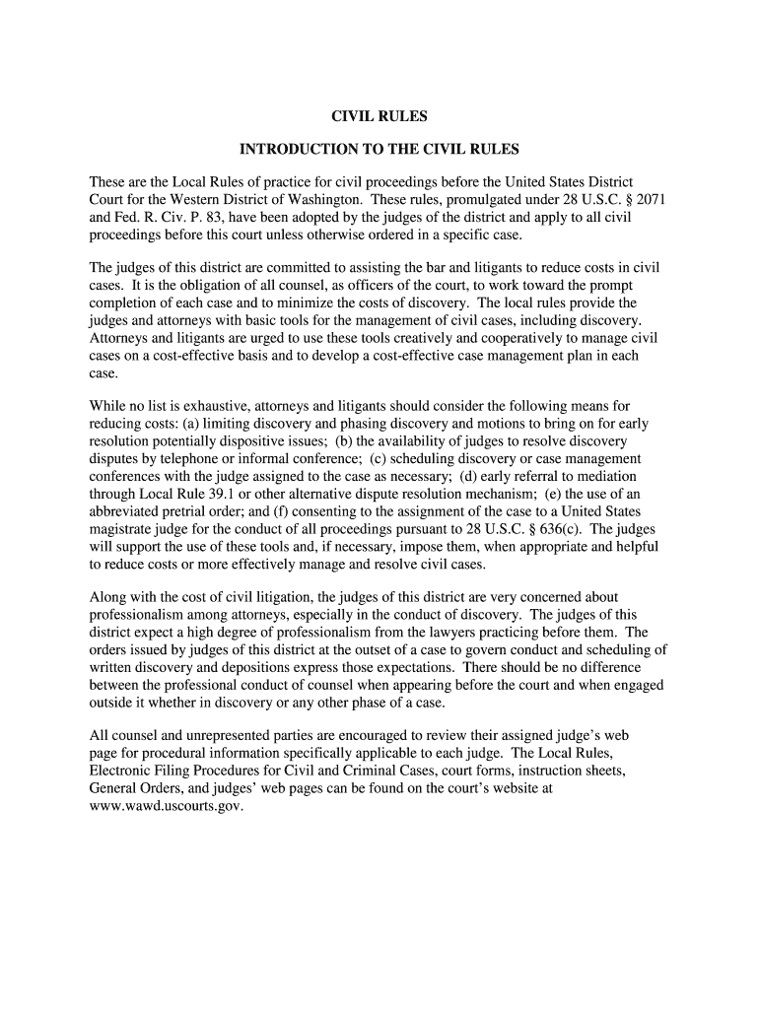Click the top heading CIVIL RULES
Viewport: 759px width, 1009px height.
pos(379,116)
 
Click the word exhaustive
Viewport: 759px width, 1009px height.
pos(217,406)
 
